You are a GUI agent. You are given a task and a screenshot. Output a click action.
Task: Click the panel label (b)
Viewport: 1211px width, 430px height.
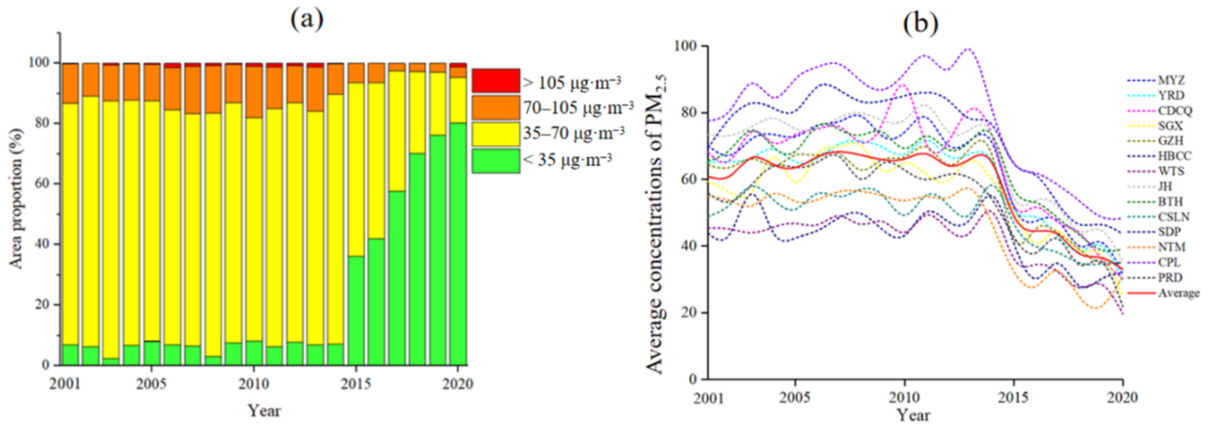[920, 23]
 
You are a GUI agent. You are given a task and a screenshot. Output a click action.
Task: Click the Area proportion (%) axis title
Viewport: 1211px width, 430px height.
[17, 200]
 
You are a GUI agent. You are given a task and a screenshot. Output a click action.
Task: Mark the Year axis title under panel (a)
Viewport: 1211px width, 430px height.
[264, 411]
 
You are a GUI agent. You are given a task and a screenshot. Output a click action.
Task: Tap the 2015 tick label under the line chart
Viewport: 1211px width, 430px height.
[1014, 398]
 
